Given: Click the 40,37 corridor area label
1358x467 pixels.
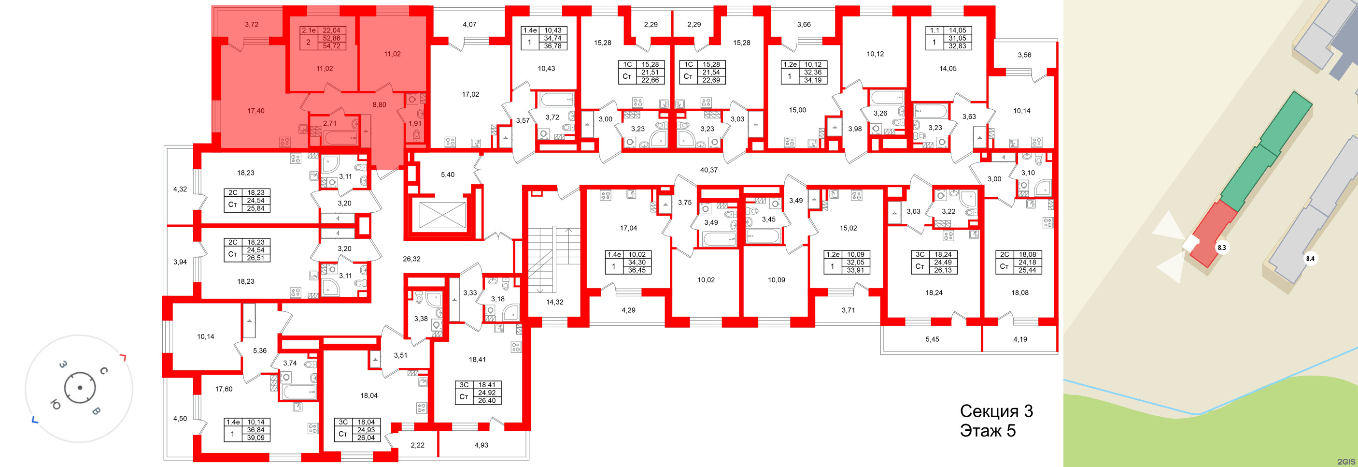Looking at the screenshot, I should [708, 170].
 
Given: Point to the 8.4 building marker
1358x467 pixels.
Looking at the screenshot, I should [1310, 259].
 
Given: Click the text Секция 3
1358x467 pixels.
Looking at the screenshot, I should [996, 411].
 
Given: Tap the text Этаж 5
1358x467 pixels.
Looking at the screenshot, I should [988, 431].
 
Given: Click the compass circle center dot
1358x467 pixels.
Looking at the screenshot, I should [80, 388].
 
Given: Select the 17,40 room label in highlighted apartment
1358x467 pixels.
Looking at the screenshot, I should [255, 111].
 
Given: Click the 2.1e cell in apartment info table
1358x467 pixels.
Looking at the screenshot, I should [309, 30].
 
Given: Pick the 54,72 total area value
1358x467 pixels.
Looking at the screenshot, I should [331, 46].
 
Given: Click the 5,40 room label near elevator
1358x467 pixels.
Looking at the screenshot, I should [447, 175].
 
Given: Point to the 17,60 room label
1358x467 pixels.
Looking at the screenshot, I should [224, 389].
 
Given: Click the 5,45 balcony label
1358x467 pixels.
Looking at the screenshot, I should [932, 339].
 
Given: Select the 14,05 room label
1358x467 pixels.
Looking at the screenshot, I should [948, 68].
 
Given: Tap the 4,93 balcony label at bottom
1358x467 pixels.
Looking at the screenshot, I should [481, 445].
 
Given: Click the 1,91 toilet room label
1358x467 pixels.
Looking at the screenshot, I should [415, 123].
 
